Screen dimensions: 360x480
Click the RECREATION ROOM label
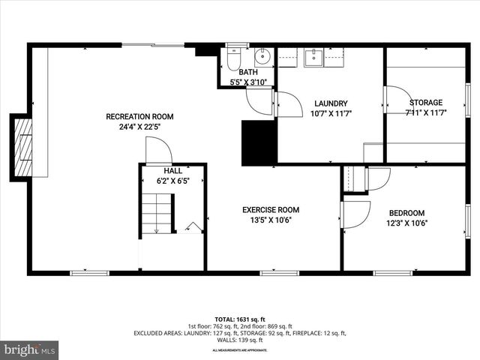(139, 116)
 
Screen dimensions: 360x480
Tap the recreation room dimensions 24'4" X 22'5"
(139, 127)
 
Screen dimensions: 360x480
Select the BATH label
(247, 72)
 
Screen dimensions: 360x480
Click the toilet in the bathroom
(232, 57)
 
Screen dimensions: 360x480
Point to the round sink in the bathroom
(262, 56)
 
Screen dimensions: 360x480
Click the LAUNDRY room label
(331, 103)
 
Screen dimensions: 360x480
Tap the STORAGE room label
(425, 102)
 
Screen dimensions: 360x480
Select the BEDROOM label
(406, 213)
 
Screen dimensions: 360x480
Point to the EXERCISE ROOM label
(271, 210)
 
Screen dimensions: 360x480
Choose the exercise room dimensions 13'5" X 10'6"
(271, 220)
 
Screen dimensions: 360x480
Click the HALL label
(172, 171)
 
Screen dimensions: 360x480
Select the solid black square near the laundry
(259, 142)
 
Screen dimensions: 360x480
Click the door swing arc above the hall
(158, 151)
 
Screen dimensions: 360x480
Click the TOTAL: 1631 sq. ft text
(240, 319)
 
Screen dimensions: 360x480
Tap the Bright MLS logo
(30, 349)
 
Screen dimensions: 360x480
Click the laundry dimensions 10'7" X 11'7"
(331, 113)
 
